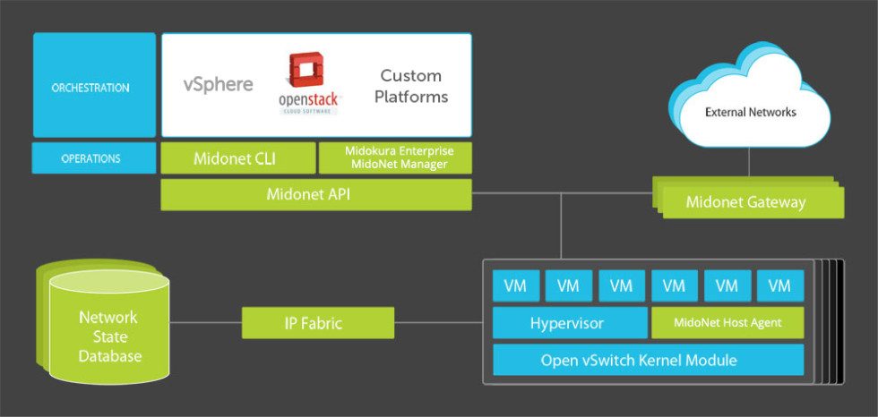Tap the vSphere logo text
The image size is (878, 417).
pyautogui.click(x=218, y=85)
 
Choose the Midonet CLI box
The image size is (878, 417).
pyautogui.click(x=237, y=158)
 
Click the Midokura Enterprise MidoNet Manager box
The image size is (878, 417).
pyautogui.click(x=395, y=158)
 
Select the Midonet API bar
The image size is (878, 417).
pyautogui.click(x=315, y=194)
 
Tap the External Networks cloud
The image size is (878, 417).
pyautogui.click(x=750, y=112)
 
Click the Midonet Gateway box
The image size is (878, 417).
pyautogui.click(x=745, y=202)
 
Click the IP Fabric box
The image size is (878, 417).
pyautogui.click(x=317, y=323)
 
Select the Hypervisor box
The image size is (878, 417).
pyautogui.click(x=569, y=323)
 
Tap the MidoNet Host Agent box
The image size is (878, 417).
pyautogui.click(x=727, y=323)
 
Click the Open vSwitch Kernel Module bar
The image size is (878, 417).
pyautogui.click(x=648, y=360)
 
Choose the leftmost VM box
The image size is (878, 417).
pyautogui.click(x=515, y=286)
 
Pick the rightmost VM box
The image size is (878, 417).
pyautogui.click(x=779, y=286)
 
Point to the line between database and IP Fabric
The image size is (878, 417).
pyautogui.click(x=205, y=323)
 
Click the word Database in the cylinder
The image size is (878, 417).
pyautogui.click(x=109, y=356)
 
